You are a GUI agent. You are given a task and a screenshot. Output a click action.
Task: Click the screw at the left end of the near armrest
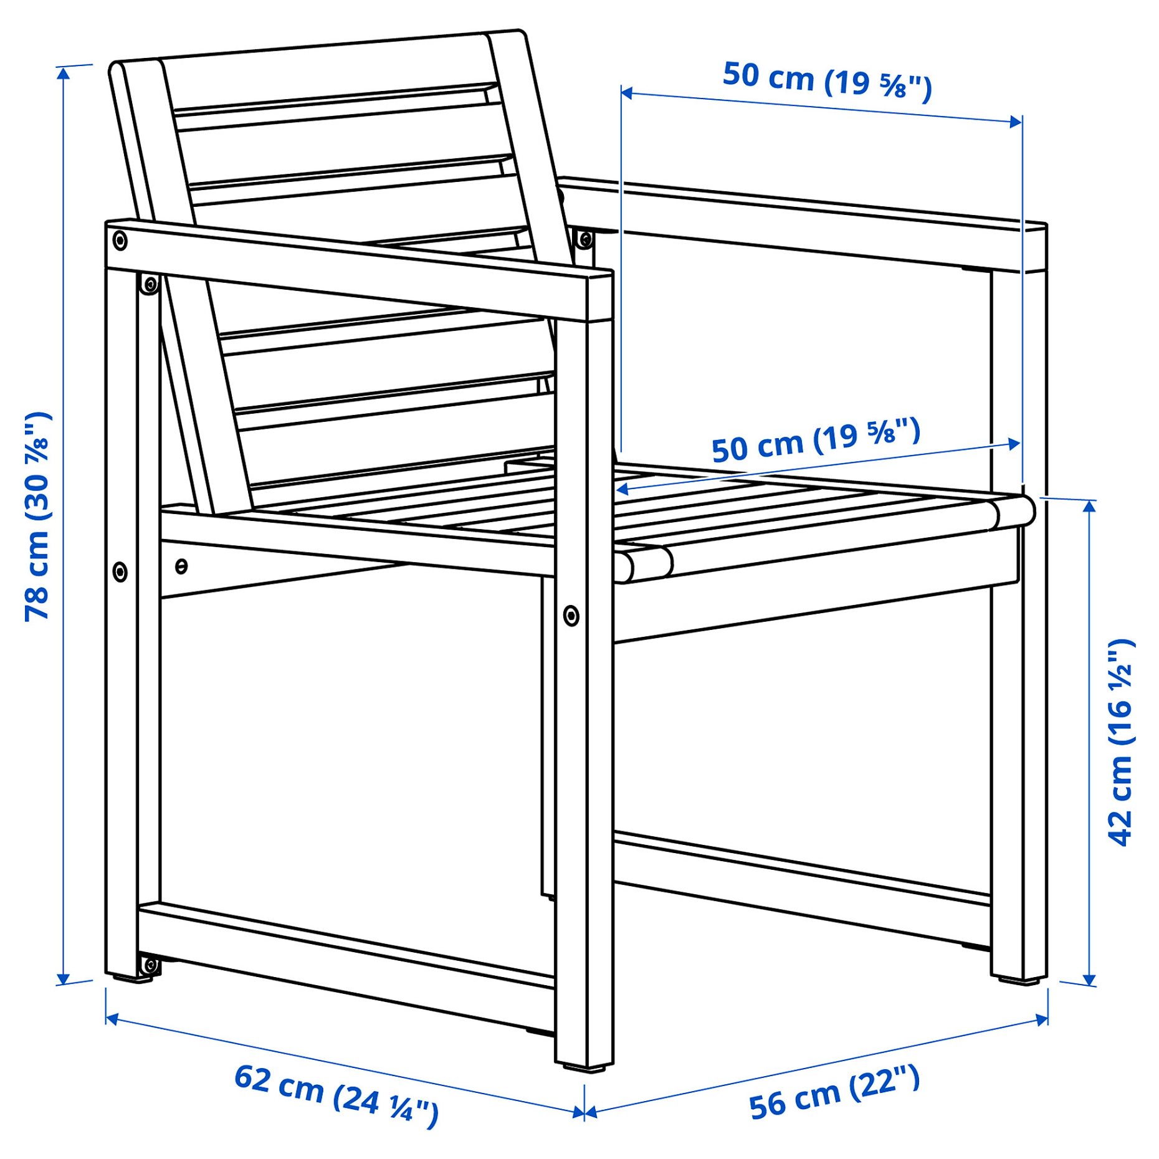[120, 241]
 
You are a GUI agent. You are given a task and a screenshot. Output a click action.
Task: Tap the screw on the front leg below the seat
[571, 616]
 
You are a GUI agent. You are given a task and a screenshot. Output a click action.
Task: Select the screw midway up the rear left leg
[120, 571]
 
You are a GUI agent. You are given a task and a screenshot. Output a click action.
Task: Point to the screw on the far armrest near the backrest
[585, 238]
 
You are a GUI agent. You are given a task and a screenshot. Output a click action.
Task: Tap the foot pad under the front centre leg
[584, 1068]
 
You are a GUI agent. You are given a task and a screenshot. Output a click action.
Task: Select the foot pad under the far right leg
[1019, 981]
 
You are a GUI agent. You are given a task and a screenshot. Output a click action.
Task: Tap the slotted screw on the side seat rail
[181, 566]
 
